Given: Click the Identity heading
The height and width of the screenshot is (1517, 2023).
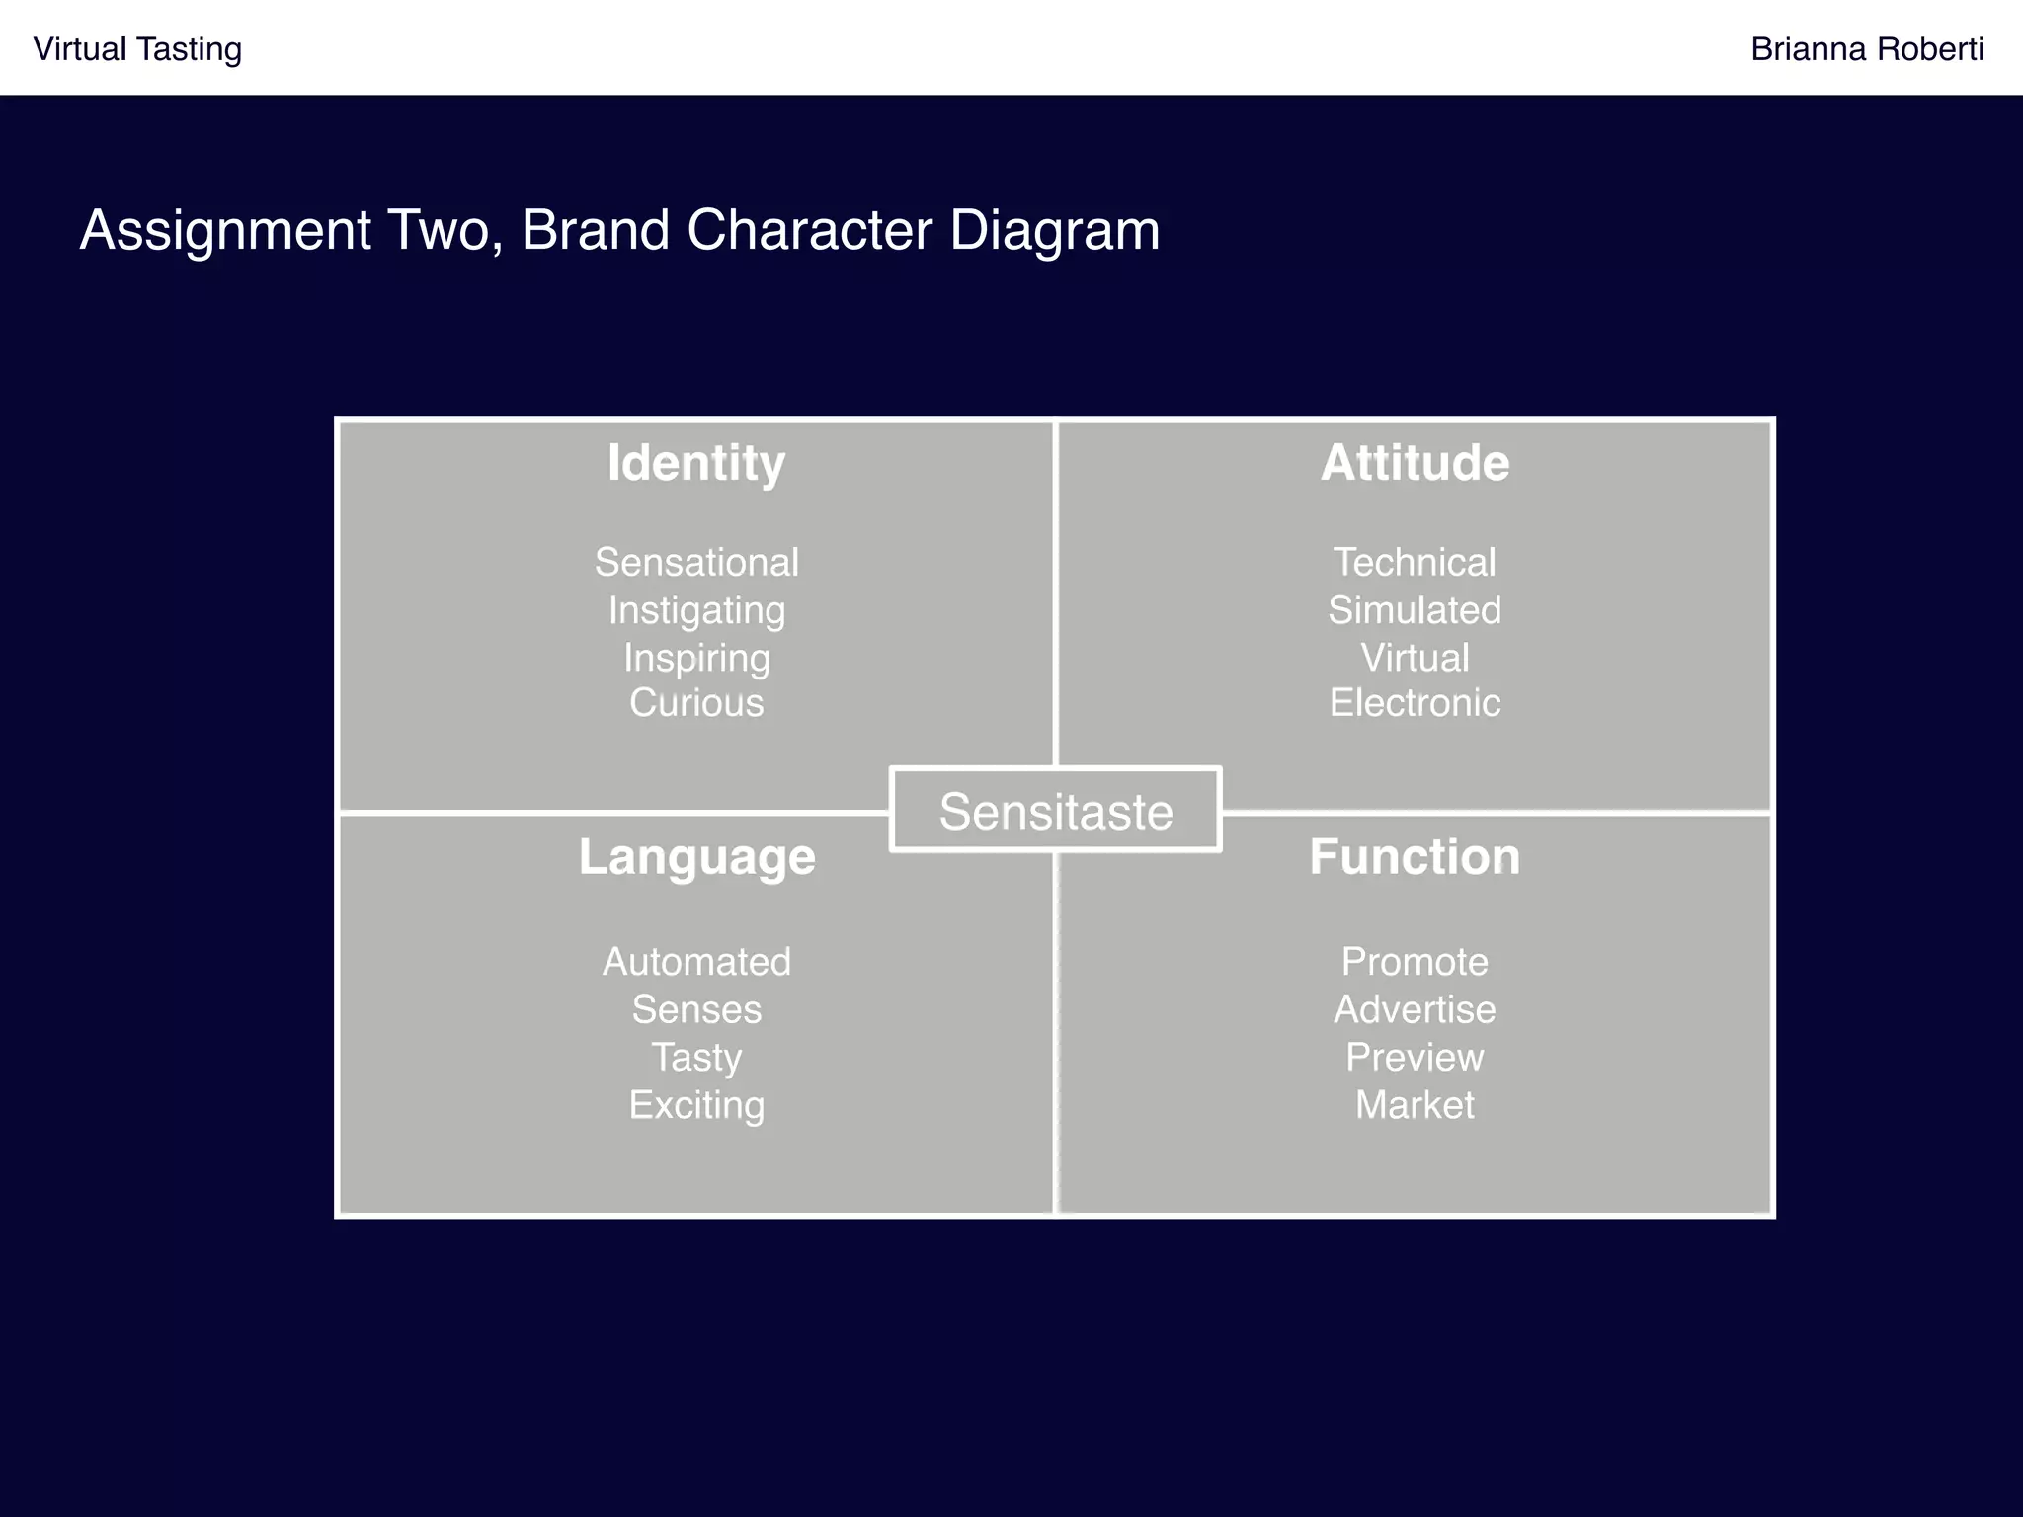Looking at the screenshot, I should coord(696,463).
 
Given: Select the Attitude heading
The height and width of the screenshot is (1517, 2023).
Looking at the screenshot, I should coord(1415,463).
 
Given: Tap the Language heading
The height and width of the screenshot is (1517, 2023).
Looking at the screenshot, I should coord(696,856).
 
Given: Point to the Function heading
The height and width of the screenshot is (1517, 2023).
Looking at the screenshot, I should coord(1415,856).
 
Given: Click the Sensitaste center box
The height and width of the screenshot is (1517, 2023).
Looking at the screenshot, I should coord(1055,811).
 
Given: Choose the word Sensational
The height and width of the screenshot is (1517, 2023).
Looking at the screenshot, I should coord(696,563).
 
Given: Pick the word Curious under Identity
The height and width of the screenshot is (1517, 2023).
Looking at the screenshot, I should coord(696,703).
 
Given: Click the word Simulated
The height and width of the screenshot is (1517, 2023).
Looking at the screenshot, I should coord(1415,610).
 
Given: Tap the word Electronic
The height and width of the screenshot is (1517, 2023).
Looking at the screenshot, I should coord(1415,703).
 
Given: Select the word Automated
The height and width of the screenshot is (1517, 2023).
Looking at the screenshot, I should coord(696,962).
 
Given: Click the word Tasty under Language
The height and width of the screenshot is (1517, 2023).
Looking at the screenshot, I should coord(696,1058).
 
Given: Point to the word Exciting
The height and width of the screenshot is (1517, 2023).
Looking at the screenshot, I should coord(696,1105).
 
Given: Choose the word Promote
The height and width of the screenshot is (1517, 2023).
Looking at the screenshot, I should coord(1415,962).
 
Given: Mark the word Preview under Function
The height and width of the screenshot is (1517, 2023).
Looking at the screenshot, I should coord(1415,1058).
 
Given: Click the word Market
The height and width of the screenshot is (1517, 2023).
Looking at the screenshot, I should coord(1415,1105).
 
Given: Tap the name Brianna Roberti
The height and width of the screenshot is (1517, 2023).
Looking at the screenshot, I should coord(1866,49).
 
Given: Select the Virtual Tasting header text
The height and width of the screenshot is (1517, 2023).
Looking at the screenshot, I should coord(137,49).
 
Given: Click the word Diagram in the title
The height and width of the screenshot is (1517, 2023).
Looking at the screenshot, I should coord(1054,231).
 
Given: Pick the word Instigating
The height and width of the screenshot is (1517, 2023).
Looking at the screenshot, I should coord(696,610).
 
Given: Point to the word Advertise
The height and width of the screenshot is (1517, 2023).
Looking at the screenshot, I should coord(1415,1009).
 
